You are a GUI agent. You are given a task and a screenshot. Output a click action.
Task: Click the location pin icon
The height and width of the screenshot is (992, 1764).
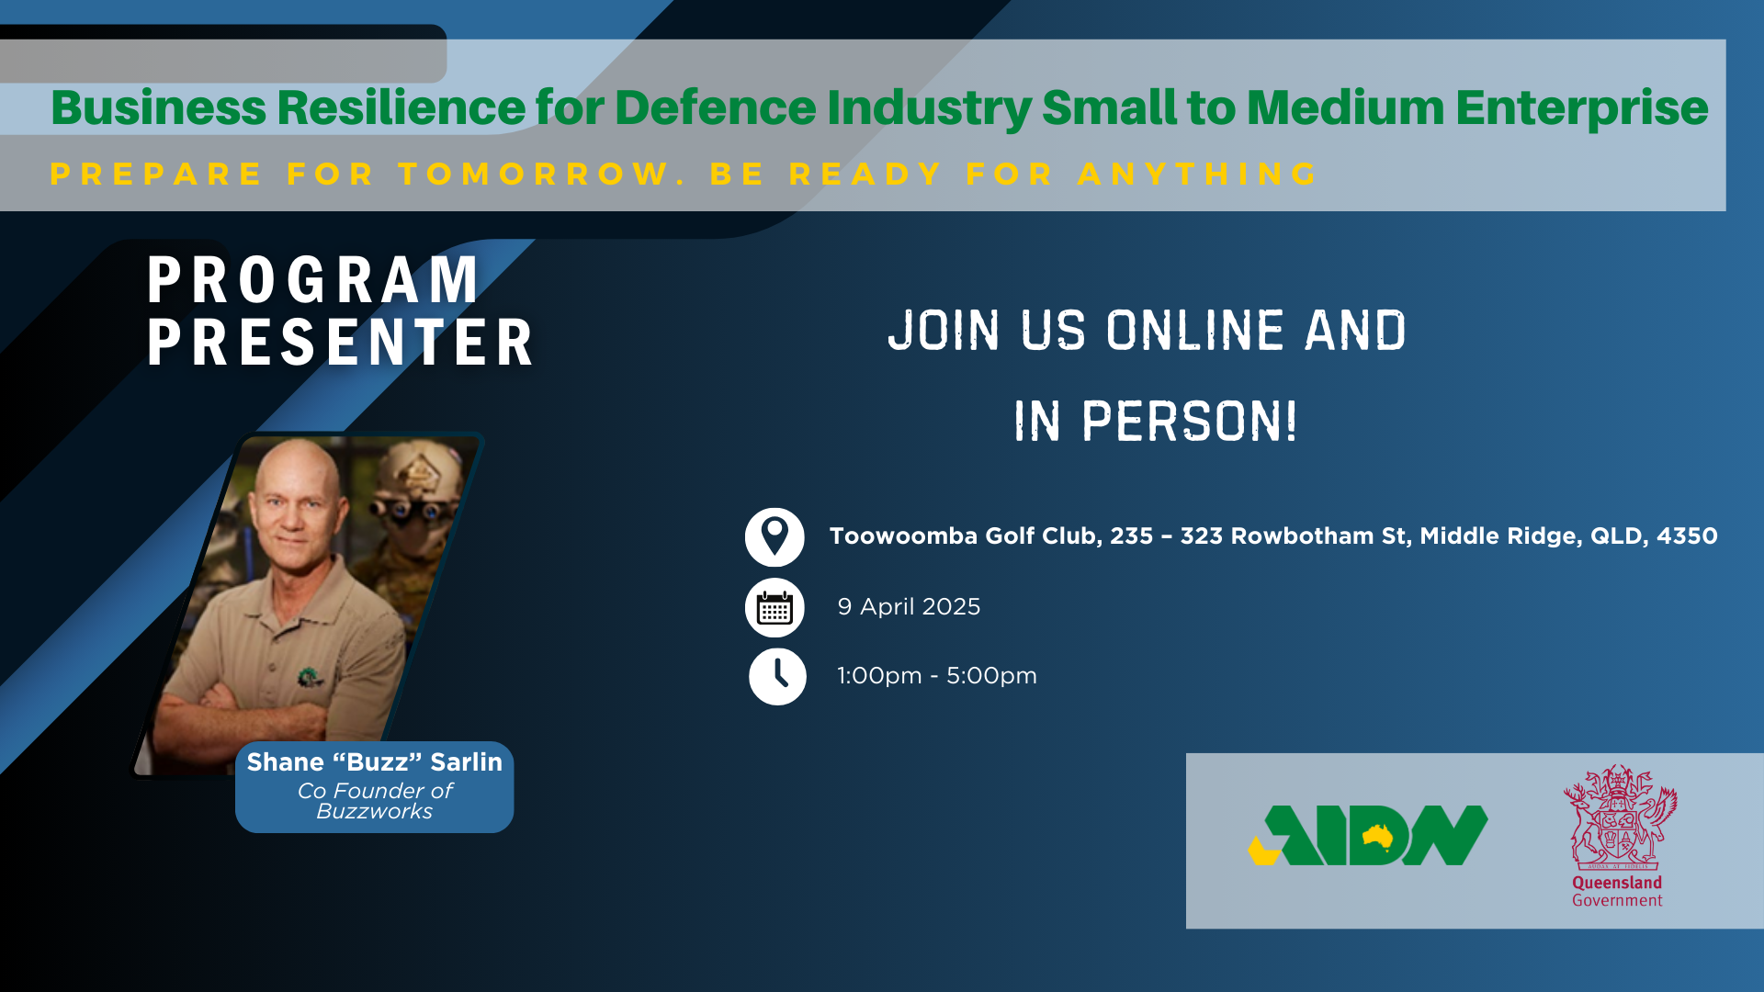(775, 536)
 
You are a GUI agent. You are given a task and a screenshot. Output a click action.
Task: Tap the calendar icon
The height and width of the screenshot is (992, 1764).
(775, 607)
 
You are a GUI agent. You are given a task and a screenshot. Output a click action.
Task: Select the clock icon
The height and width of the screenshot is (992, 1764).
(777, 676)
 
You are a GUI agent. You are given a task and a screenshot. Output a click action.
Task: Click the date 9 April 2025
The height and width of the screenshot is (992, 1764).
(909, 607)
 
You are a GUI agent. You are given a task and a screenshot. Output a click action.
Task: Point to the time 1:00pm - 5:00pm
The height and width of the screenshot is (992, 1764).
(936, 676)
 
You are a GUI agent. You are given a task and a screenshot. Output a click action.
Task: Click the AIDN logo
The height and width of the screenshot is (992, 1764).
(1367, 836)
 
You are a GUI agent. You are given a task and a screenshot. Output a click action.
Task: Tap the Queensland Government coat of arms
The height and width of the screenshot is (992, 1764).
(1619, 817)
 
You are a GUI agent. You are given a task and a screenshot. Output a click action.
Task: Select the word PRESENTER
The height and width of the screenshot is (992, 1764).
(341, 344)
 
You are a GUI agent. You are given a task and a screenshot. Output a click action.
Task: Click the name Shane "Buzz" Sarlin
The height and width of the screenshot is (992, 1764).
(374, 762)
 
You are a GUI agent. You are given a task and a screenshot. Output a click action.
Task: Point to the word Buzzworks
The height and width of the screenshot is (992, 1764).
(374, 812)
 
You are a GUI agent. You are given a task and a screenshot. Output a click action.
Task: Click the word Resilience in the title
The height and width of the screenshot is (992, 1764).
(401, 107)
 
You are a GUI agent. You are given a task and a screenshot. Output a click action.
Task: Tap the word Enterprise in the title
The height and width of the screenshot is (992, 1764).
(1581, 107)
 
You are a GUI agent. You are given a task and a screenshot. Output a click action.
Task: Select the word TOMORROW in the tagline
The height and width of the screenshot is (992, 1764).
(534, 175)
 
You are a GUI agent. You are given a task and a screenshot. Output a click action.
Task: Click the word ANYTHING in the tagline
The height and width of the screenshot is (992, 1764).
(1198, 175)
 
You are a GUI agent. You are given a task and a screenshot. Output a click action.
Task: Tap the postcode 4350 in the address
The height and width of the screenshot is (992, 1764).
(1687, 536)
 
